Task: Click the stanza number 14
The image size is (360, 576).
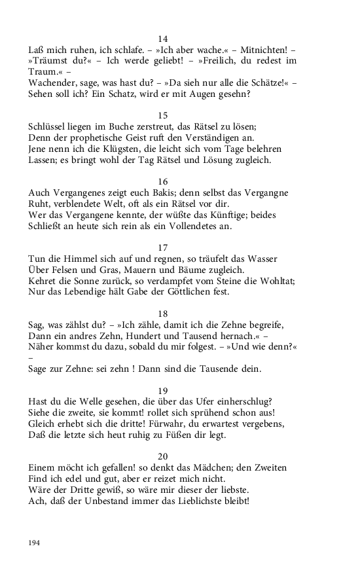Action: coord(164,39)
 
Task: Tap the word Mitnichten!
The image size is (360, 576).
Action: coord(263,49)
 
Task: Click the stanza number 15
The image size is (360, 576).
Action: coord(164,116)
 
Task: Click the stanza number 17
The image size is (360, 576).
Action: coord(164,247)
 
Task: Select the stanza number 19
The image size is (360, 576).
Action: coord(164,391)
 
